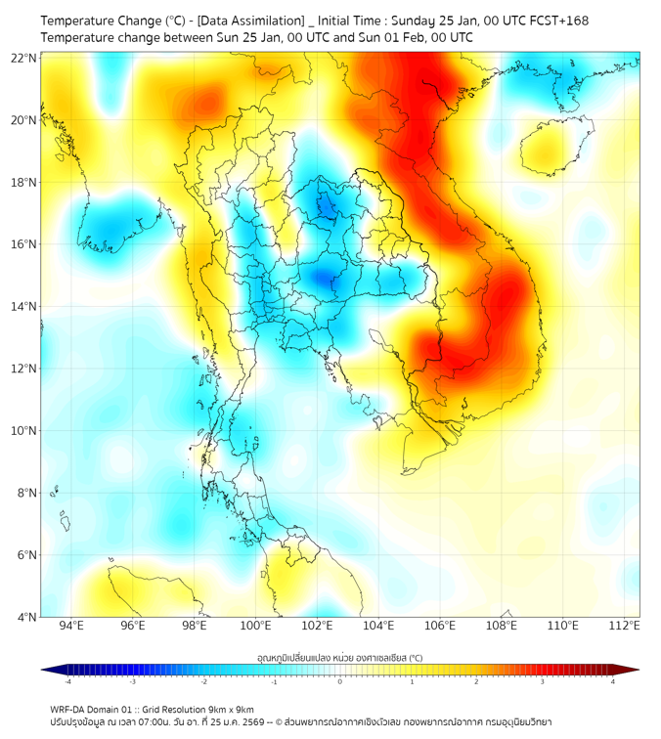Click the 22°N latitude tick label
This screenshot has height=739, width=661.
pyautogui.click(x=24, y=58)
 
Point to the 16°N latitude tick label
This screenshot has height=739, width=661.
pyautogui.click(x=24, y=244)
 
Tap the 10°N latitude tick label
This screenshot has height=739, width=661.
pyautogui.click(x=24, y=431)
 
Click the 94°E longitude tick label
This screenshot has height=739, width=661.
pyautogui.click(x=71, y=626)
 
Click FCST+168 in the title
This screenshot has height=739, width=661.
pyautogui.click(x=555, y=21)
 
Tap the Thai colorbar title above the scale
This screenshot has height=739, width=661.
pyautogui.click(x=339, y=657)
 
